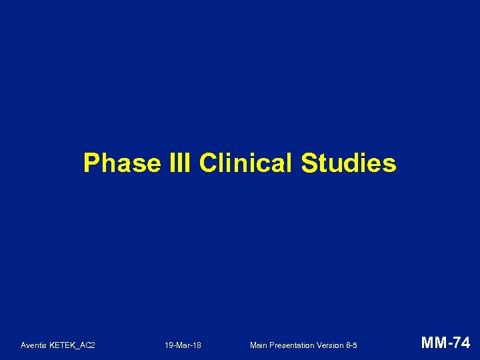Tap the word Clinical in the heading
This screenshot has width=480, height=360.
(x=246, y=163)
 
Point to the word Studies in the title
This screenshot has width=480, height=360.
(x=349, y=163)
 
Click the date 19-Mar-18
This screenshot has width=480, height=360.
(x=183, y=345)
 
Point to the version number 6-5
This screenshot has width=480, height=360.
(x=352, y=345)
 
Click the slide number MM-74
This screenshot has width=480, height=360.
(x=446, y=343)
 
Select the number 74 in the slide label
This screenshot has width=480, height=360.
(x=461, y=343)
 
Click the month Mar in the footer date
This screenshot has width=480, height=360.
(x=183, y=345)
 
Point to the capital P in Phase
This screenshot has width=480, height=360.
(x=91, y=163)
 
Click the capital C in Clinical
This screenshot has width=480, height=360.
(x=207, y=163)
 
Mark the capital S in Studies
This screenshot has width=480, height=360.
(x=309, y=163)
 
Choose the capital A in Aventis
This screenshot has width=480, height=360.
(x=23, y=345)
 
